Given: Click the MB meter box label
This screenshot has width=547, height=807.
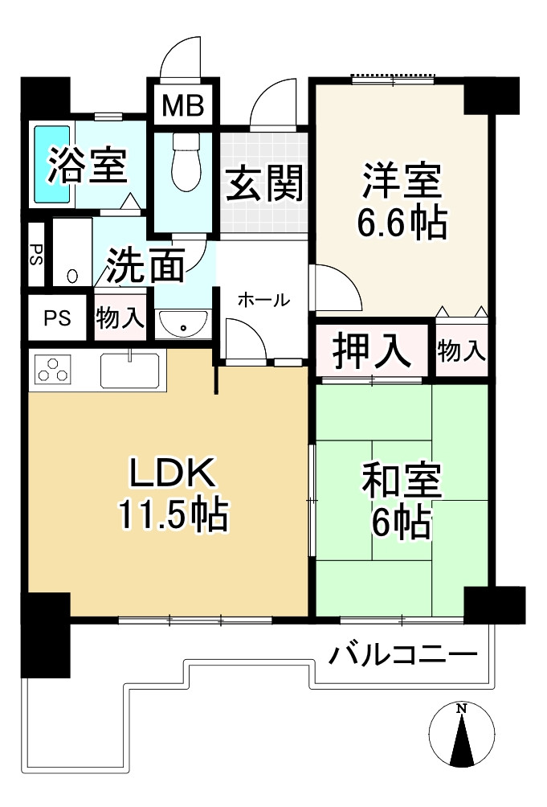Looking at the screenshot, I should coord(183,105).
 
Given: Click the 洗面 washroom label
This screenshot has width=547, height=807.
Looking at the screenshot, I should coord(146,265).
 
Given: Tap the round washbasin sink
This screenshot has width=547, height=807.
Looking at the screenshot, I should coord(183,326).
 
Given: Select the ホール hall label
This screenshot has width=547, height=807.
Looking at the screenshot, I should coord(263,301).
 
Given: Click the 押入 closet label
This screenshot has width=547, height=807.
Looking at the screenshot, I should coord(372,351).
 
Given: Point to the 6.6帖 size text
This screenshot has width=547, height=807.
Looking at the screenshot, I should coord(402,224).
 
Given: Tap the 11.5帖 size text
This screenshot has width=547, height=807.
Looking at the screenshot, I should coord(173,515).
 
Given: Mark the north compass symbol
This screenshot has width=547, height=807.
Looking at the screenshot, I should coord(461,735).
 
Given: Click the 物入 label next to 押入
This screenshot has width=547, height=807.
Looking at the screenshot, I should coord(462,350).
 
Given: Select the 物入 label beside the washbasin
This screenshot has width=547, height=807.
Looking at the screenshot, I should coord(120,317).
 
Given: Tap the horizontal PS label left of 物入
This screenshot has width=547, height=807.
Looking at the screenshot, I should coord(57,317).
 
